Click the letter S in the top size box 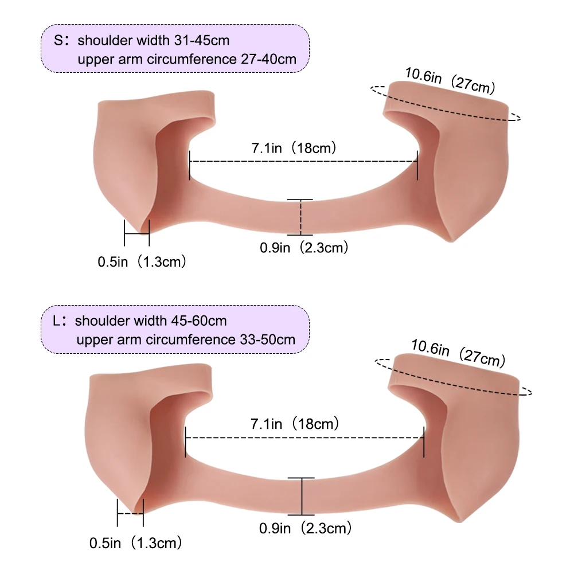pos(58,40)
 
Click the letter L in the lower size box pos(56,321)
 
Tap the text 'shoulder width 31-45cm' pos(153,40)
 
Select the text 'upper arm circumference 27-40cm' pos(187,59)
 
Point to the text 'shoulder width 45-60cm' pos(151,321)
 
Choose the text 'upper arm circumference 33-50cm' pos(186,339)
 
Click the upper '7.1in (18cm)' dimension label pos(294,148)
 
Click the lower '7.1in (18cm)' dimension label pos(295,424)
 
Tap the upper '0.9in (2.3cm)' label pos(304,248)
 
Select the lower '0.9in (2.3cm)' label pos(305,528)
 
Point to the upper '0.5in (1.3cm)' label pos(142,261)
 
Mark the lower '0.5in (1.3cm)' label pos(135,543)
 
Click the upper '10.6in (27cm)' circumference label pos(450,80)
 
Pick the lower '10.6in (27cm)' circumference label pos(458,353)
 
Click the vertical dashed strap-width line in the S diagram pos(300,217)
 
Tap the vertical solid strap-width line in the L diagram pos(302,497)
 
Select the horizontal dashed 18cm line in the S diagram pos(303,162)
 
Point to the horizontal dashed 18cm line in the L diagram pos(304,438)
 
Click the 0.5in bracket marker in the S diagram pos(137,233)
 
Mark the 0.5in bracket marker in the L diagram pos(130,513)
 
